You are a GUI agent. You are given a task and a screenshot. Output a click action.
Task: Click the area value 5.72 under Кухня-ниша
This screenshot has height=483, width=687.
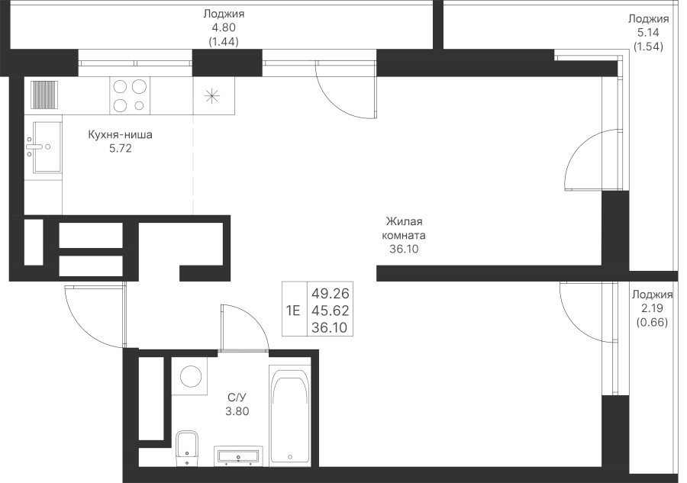121,149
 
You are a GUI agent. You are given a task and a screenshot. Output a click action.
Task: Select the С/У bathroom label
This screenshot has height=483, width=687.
237,398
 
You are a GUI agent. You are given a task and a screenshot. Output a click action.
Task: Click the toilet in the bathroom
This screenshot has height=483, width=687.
187,448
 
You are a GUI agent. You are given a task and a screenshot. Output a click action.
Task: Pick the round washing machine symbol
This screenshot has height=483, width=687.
191,376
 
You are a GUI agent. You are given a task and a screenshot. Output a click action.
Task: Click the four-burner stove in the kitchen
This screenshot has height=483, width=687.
130,96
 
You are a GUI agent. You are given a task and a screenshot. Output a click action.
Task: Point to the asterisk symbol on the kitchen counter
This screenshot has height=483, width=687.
212,96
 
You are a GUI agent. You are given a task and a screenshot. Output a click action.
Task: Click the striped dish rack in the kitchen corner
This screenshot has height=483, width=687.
44,94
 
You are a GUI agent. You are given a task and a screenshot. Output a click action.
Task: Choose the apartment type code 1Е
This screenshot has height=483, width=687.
293,311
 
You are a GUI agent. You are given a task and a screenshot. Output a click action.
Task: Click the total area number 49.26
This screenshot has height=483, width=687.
331,293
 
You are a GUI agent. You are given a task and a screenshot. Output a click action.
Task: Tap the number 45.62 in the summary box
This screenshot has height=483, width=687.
331,311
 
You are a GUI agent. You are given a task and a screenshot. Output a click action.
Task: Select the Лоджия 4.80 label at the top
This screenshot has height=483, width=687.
224,21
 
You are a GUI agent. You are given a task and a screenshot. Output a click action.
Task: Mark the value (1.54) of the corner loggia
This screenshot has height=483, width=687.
648,47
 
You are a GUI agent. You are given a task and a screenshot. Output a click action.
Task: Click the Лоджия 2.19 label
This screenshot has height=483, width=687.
652,301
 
